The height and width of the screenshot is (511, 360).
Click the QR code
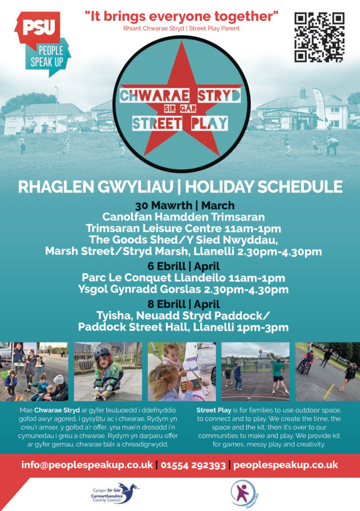click(319, 37)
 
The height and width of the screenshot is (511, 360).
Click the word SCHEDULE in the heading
click(300, 187)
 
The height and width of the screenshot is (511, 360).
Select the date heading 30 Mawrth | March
click(185, 205)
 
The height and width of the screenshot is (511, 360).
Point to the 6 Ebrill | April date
click(183, 266)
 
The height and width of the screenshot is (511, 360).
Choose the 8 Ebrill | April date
click(183, 304)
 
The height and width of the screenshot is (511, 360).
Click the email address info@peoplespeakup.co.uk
click(87, 465)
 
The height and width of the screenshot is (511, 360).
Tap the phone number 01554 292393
click(193, 465)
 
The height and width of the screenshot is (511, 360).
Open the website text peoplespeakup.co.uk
click(286, 465)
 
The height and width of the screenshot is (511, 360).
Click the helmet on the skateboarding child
click(102, 353)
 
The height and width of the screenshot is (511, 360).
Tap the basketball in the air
click(260, 351)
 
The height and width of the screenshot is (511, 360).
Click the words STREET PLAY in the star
click(180, 124)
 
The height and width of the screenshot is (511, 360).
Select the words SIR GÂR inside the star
click(180, 108)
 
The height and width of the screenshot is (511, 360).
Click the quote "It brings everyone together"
click(181, 16)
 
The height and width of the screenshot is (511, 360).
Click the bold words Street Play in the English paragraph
click(214, 410)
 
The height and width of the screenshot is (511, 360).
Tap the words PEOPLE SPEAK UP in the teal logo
click(47, 56)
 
